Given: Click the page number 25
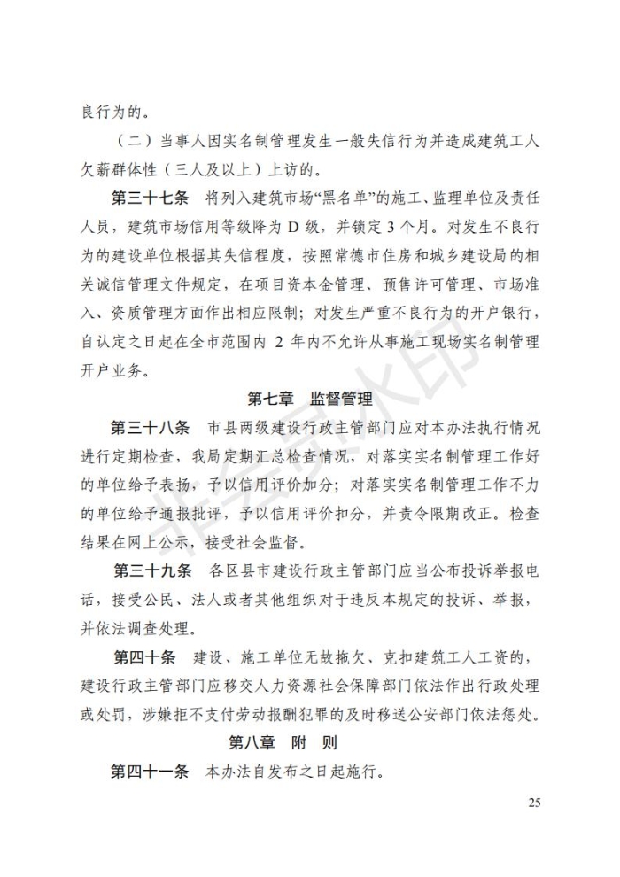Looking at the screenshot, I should (533, 803).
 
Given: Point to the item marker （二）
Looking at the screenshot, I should (134, 141).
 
